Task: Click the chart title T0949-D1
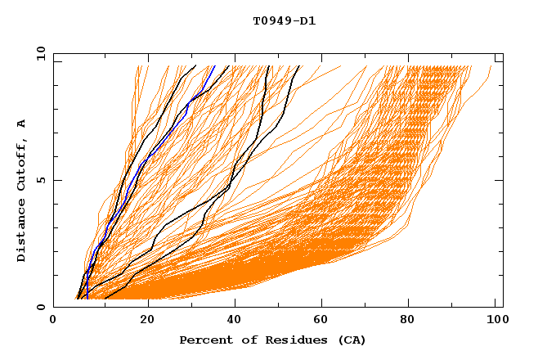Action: pos(284,20)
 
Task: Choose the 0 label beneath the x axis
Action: pos(53,321)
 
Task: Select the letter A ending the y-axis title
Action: pos(21,124)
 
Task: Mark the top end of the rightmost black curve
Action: pos(298,66)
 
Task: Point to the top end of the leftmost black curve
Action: pos(195,66)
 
